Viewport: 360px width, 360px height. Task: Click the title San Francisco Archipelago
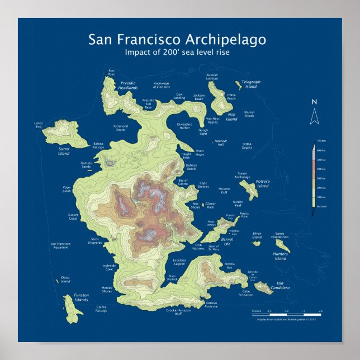[x=177, y=40]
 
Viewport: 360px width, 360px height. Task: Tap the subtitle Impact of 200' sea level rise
[x=177, y=52]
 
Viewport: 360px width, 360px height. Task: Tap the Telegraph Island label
[x=252, y=84]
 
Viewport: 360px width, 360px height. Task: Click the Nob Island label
[x=231, y=117]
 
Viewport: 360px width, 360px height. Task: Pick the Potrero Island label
[x=263, y=183]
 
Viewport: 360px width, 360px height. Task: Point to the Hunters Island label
[x=280, y=256]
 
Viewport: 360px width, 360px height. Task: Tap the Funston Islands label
[x=81, y=297]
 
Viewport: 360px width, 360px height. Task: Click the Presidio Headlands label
[x=128, y=86]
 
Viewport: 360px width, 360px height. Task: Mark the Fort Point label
[x=111, y=73]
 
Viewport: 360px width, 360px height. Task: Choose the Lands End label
[x=38, y=125]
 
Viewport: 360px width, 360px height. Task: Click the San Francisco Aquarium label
[x=60, y=245]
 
